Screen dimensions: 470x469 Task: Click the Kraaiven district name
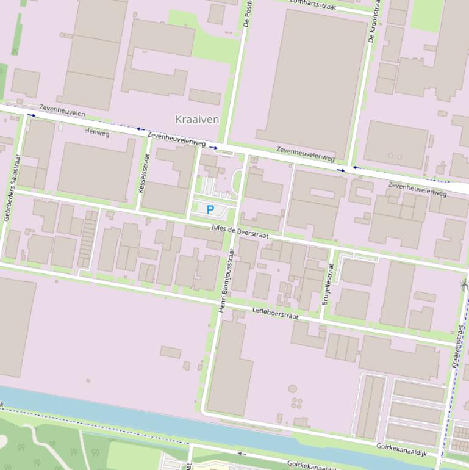click(196, 119)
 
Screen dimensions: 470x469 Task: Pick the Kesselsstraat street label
click(144, 173)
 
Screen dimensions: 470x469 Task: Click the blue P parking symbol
click(210, 210)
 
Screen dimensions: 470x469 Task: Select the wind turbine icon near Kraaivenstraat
click(464, 284)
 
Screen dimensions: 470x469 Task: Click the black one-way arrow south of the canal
click(242, 454)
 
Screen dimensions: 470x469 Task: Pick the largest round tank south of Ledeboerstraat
click(293, 389)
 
